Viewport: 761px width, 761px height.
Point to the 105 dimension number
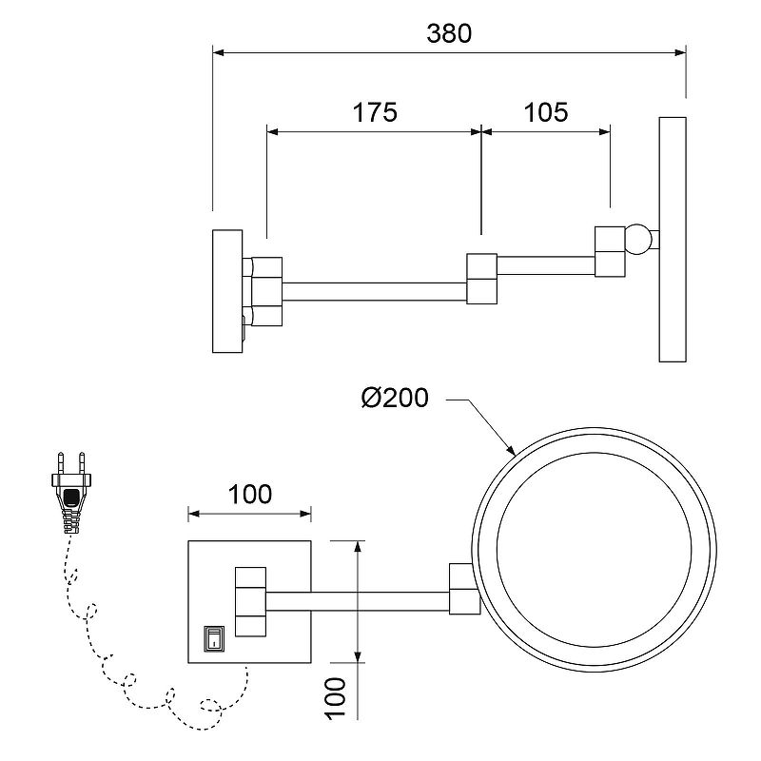pyautogui.click(x=546, y=112)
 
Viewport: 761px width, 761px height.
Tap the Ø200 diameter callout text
pyautogui.click(x=395, y=400)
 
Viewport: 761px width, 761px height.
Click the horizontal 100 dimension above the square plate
pyautogui.click(x=250, y=495)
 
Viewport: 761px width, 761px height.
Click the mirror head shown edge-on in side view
pyautogui.click(x=673, y=239)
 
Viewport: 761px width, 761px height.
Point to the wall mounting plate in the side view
pyautogui.click(x=227, y=292)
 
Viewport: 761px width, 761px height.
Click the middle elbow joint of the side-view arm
pyautogui.click(x=482, y=279)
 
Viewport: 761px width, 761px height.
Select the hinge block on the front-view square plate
pyautogui.click(x=251, y=601)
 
